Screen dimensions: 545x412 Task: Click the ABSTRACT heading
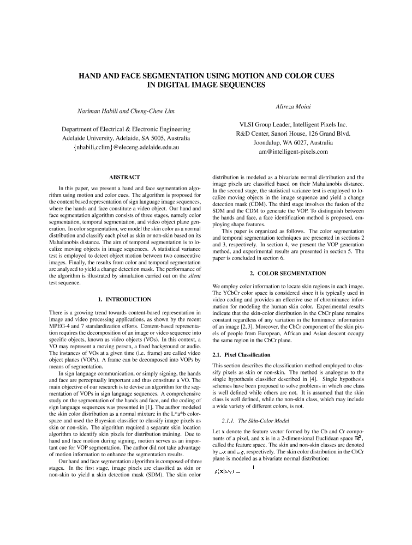point(124,177)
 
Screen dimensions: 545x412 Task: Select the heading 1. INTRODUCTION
point(124,299)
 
